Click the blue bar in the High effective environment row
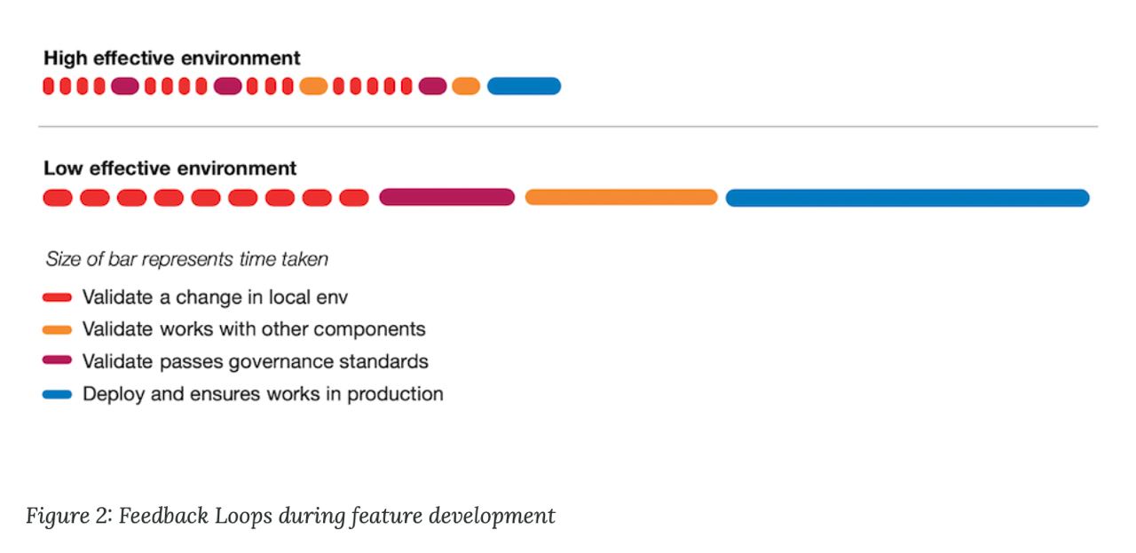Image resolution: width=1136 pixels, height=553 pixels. tap(524, 86)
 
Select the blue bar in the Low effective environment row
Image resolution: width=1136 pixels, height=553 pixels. tap(907, 198)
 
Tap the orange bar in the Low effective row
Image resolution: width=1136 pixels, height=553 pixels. tap(621, 197)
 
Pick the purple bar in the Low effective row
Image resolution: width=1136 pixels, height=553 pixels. tap(446, 197)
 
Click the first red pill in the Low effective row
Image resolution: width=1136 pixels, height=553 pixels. tap(58, 197)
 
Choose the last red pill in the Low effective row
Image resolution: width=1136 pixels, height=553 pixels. tap(354, 197)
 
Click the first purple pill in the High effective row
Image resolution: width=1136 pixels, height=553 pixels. tap(125, 86)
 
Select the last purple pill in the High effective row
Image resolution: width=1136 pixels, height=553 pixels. tap(432, 86)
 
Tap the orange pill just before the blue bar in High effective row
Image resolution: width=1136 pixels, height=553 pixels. tap(466, 86)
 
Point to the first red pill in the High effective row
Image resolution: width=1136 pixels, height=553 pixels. tap(48, 86)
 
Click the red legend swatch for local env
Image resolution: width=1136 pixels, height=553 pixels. tap(58, 297)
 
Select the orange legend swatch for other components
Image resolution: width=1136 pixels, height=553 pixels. tap(58, 330)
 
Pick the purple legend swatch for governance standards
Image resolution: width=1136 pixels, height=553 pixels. tap(58, 360)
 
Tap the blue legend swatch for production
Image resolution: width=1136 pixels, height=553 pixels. tap(58, 394)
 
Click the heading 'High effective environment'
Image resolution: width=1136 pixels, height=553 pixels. tap(172, 59)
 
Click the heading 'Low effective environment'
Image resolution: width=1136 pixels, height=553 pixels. tap(170, 169)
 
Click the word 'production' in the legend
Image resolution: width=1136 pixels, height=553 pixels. tap(395, 394)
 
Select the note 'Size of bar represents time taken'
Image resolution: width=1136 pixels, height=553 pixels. tap(186, 259)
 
